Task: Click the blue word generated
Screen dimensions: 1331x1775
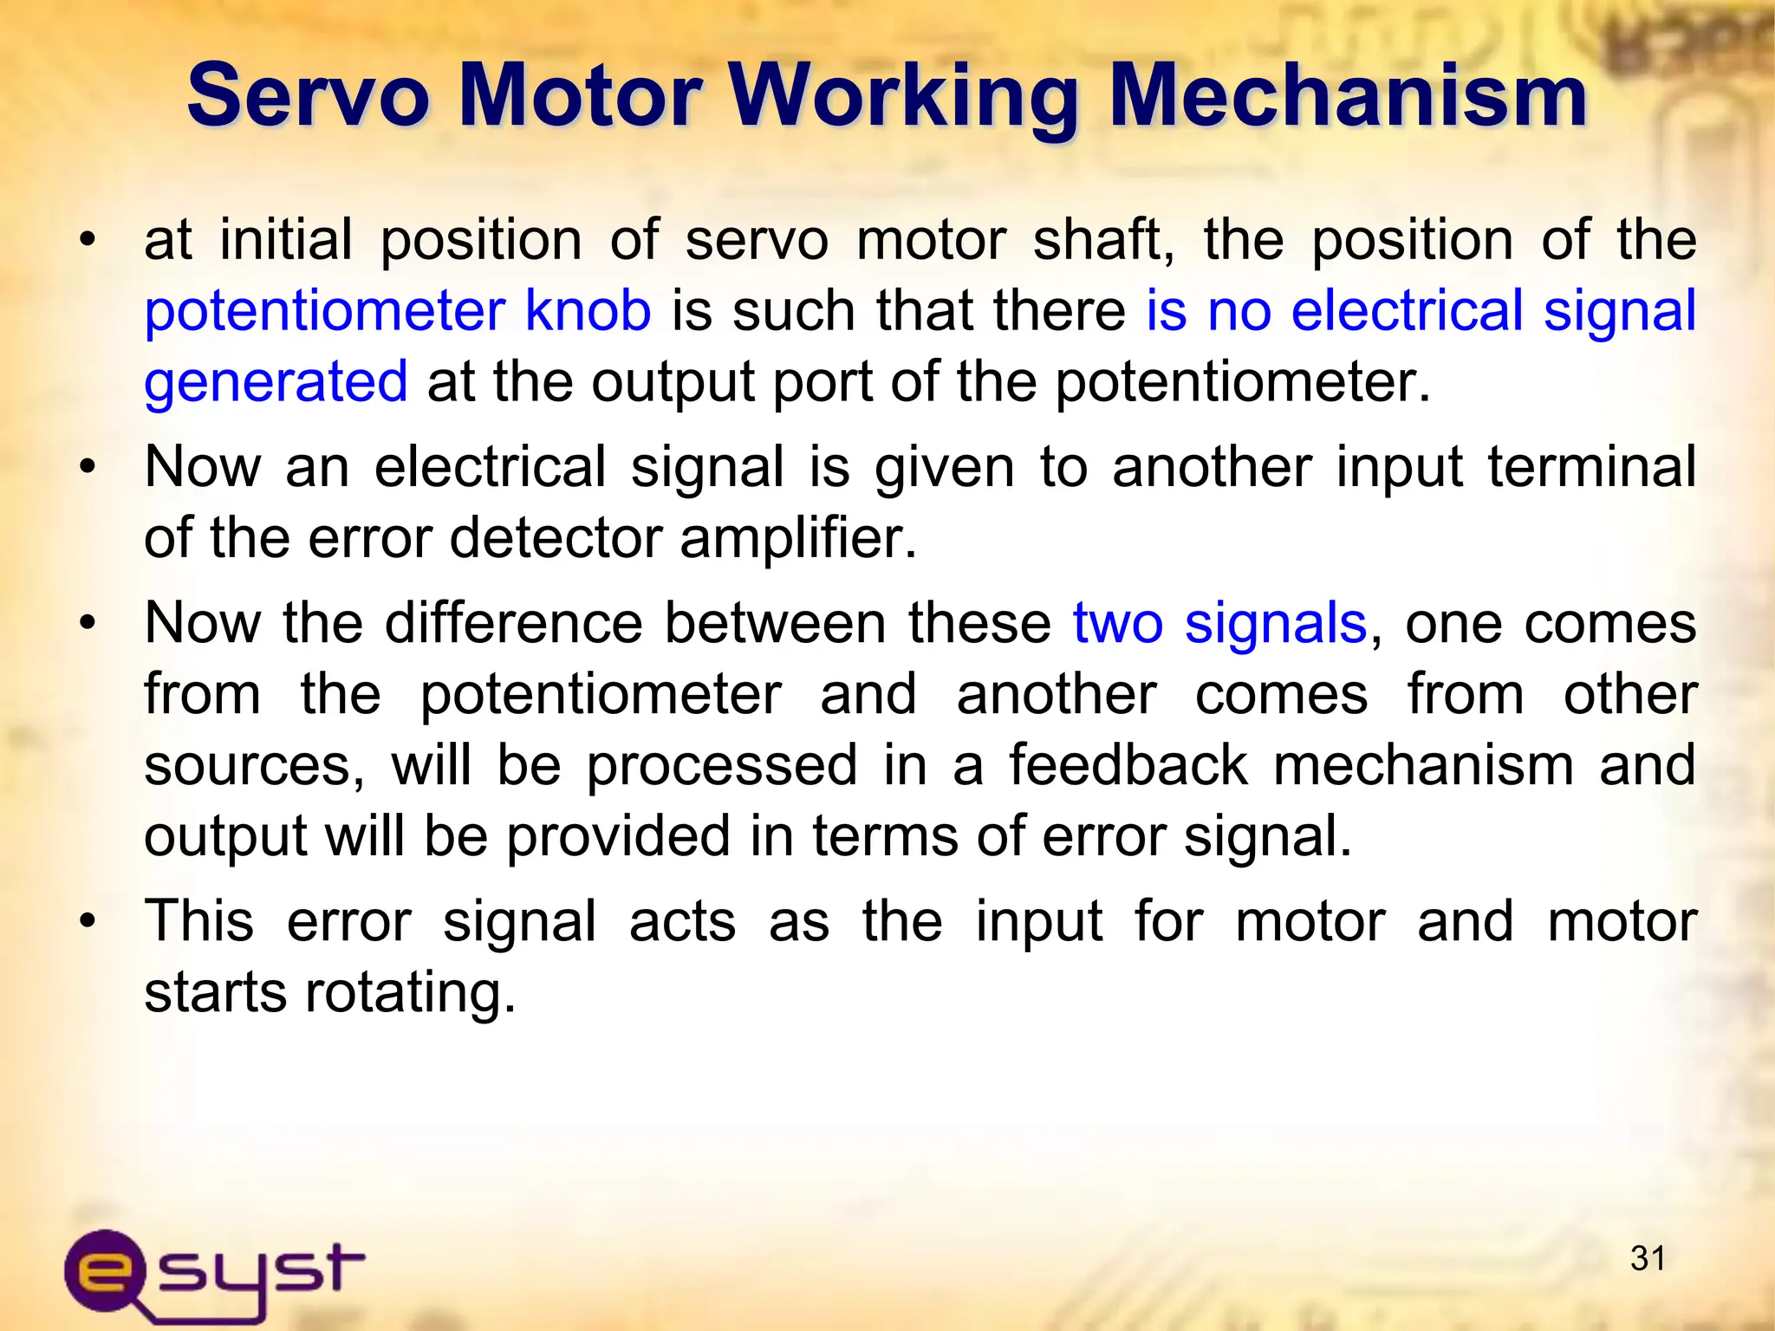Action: click(x=276, y=383)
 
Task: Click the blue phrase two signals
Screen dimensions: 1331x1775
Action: click(x=1219, y=624)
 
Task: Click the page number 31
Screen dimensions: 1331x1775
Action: click(x=1648, y=1258)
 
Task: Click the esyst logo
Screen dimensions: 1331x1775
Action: click(x=213, y=1274)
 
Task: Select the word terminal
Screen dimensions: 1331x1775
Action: click(x=1592, y=467)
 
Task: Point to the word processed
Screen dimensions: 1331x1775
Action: click(x=721, y=767)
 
